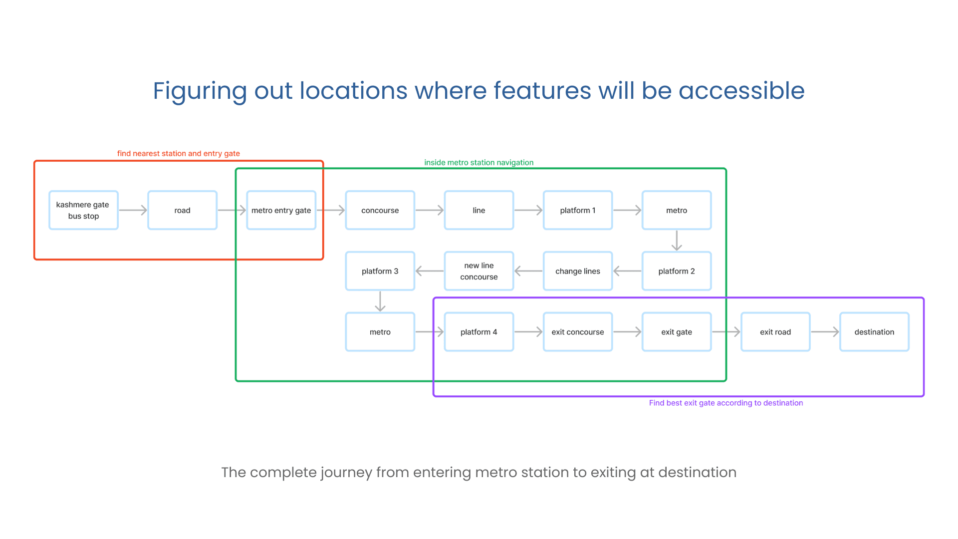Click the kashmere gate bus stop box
click(x=83, y=210)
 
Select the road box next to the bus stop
click(x=182, y=210)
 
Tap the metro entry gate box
click(x=281, y=210)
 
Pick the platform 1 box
click(x=577, y=210)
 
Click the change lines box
click(x=577, y=271)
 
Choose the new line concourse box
click(x=479, y=271)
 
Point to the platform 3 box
click(x=380, y=271)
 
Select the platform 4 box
click(x=479, y=332)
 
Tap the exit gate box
click(x=676, y=332)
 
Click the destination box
click(x=874, y=332)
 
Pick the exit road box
click(x=775, y=332)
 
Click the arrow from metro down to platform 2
click(x=677, y=241)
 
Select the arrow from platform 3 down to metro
click(x=380, y=301)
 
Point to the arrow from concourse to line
click(x=429, y=210)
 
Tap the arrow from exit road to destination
click(x=825, y=332)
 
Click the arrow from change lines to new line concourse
click(x=528, y=271)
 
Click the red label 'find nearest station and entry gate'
click(x=178, y=153)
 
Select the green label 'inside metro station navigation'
click(x=479, y=162)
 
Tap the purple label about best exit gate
click(x=725, y=403)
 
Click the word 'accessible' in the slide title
click(x=741, y=91)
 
